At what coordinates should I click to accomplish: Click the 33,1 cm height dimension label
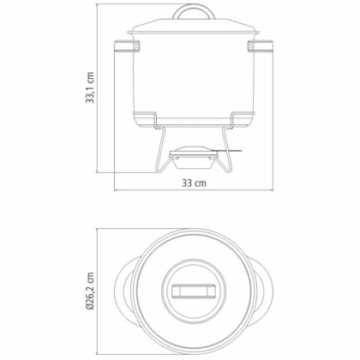click(x=90, y=87)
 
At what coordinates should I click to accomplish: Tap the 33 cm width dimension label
click(x=194, y=183)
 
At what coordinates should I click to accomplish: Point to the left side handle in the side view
click(x=125, y=46)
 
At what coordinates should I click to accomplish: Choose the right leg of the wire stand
click(x=226, y=150)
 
